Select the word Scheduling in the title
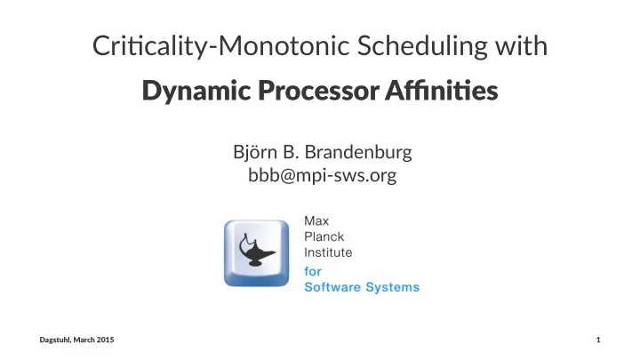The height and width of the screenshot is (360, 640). (422, 46)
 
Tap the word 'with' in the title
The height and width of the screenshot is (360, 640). (522, 45)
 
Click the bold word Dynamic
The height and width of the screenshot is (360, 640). (196, 91)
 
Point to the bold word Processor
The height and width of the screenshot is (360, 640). (319, 90)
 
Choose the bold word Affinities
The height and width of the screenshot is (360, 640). (442, 90)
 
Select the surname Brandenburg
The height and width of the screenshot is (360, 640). (358, 153)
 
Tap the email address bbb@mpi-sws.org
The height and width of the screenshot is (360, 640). (323, 176)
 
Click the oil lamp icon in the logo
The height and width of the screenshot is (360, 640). (256, 250)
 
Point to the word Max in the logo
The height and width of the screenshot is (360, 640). (316, 220)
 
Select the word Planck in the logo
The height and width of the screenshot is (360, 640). (324, 236)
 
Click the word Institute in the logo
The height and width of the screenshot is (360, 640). (328, 252)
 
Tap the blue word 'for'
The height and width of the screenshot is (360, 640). (313, 271)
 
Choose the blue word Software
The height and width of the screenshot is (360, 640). (332, 287)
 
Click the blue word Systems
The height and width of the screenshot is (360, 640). (393, 287)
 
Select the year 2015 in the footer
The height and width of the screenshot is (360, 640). (106, 340)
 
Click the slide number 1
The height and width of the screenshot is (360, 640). (598, 340)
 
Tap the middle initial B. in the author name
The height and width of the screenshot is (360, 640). (291, 152)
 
